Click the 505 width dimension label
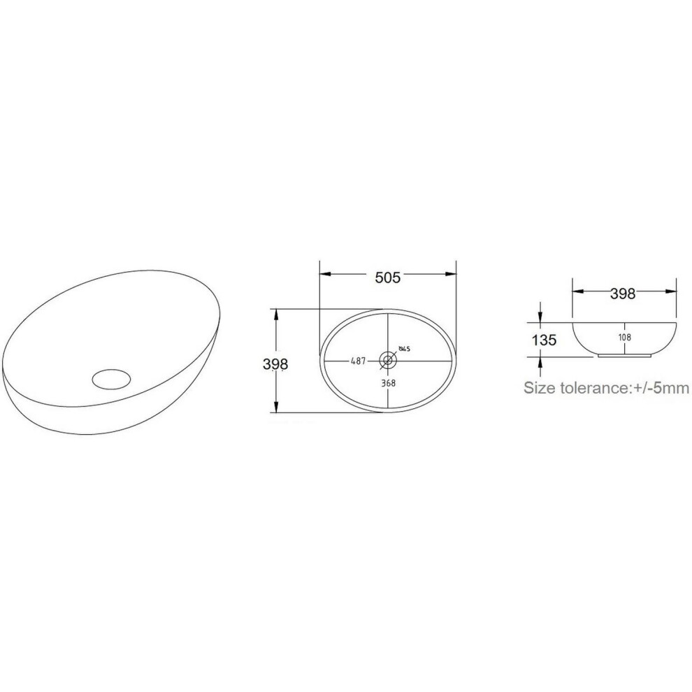[x=387, y=277]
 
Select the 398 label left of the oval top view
[x=275, y=364]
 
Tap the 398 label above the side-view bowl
[x=623, y=294]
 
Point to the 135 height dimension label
[x=544, y=340]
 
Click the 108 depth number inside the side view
[x=624, y=337]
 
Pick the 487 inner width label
[x=358, y=361]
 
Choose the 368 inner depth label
[x=389, y=382]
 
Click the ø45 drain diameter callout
[x=404, y=349]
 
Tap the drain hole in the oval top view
[x=389, y=360]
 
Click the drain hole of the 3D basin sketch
[x=112, y=379]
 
